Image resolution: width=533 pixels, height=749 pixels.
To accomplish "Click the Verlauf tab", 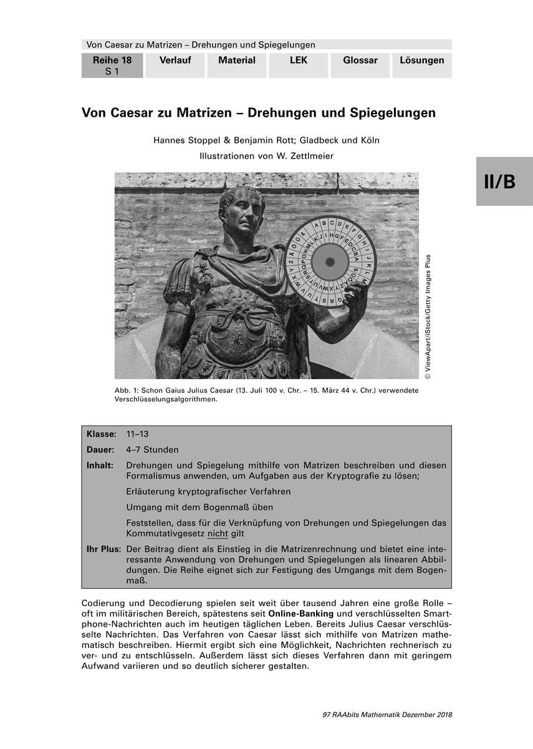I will pos(175,61).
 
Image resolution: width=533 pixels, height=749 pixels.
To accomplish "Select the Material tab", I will pos(237,61).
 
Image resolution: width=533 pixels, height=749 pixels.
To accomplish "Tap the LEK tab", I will pos(299,61).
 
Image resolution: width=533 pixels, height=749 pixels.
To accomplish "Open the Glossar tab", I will pos(360,61).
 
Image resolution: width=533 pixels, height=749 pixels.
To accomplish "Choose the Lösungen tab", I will pos(422,61).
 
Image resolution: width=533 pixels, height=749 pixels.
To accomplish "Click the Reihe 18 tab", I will pos(112,65).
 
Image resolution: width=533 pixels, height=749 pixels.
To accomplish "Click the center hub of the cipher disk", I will pos(329,263).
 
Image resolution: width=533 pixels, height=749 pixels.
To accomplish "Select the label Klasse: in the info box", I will pos(102,434).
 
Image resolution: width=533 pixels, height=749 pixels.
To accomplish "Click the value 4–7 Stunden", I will pos(152,449).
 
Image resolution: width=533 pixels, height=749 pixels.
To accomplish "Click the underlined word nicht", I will pos(218,534).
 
